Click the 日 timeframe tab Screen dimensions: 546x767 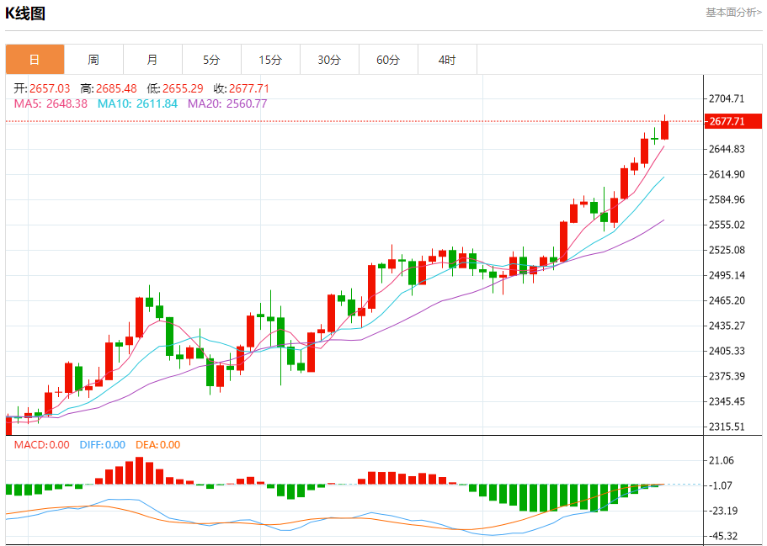tap(35, 60)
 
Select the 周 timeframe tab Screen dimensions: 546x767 tap(93, 60)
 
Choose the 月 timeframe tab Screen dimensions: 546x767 tap(152, 60)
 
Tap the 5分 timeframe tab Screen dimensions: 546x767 tap(211, 60)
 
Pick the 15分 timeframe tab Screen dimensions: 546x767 tap(270, 60)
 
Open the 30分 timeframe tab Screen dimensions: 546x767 tap(329, 60)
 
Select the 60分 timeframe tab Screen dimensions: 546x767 tap(388, 60)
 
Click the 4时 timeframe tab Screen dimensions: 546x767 tap(447, 60)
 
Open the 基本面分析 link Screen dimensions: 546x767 tap(732, 13)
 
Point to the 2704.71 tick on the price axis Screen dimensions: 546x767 tap(727, 98)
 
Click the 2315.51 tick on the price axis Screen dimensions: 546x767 tap(727, 427)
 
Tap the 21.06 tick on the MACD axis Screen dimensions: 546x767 tap(722, 460)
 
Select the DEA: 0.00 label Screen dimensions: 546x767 tap(157, 445)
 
